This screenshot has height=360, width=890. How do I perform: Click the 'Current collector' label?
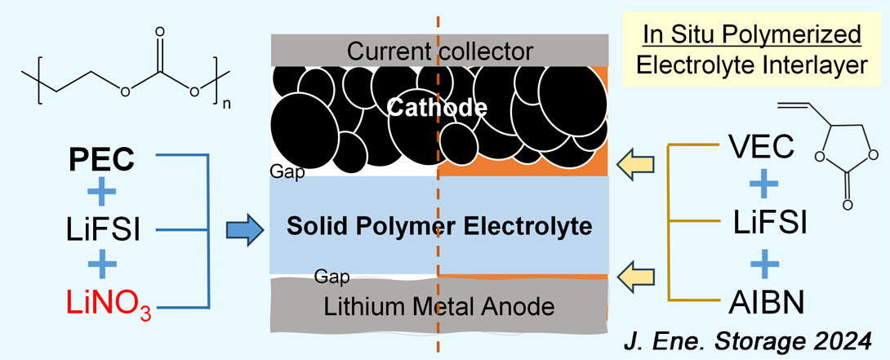coord(439,51)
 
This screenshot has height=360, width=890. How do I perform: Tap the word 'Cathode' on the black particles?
coord(438,107)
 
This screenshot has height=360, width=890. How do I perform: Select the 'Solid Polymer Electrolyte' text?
coord(439,226)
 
